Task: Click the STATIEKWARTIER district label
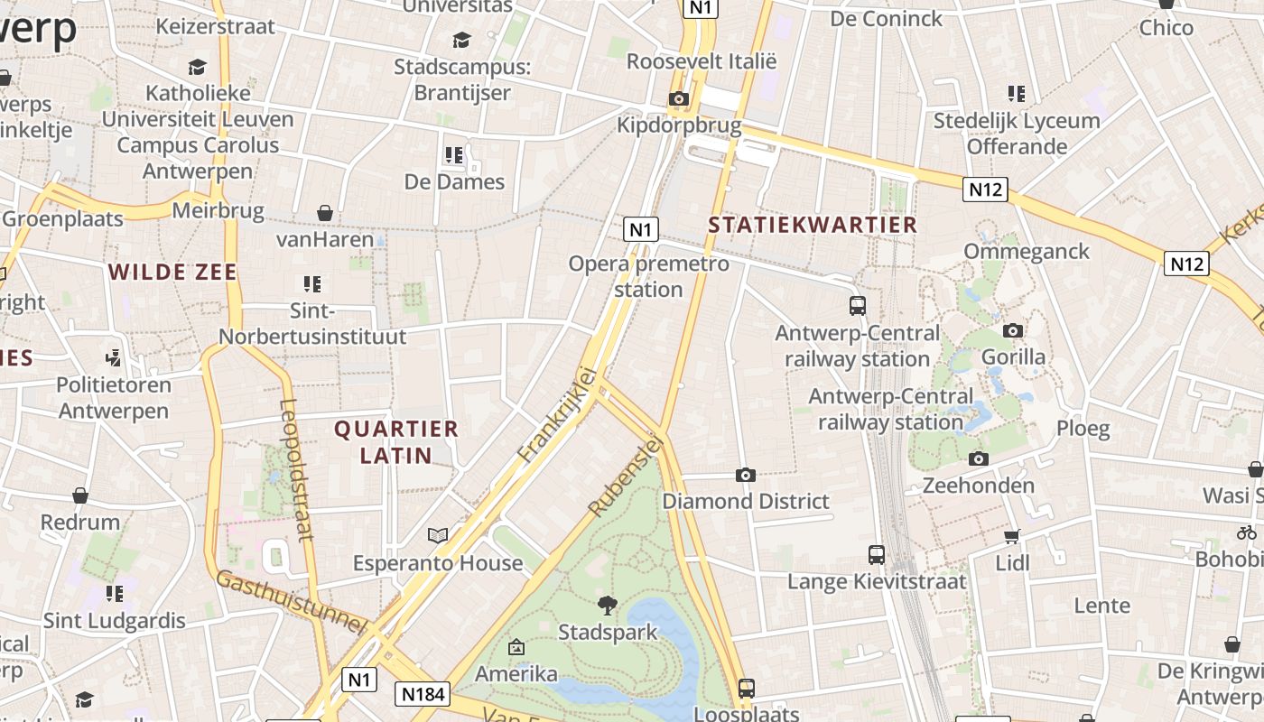coord(813,225)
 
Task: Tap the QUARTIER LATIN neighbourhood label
coord(396,441)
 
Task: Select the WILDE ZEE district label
coord(172,272)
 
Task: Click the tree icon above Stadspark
coord(608,605)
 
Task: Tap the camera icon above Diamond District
coord(746,475)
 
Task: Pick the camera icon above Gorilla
coord(1013,330)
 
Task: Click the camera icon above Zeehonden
coord(978,459)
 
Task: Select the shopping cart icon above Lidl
coord(1012,537)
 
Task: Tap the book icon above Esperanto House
coord(438,536)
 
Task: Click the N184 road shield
coord(423,694)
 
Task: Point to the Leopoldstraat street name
coord(295,469)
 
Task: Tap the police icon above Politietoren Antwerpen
coord(113,358)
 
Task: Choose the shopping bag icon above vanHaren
coord(325,213)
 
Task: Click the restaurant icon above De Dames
coord(454,155)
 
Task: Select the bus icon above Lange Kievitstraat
coord(876,555)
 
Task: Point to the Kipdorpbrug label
coord(679,125)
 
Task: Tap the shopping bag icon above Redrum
coord(80,495)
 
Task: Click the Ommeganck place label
coord(1027,251)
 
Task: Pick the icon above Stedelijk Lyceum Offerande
coord(1017,94)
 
